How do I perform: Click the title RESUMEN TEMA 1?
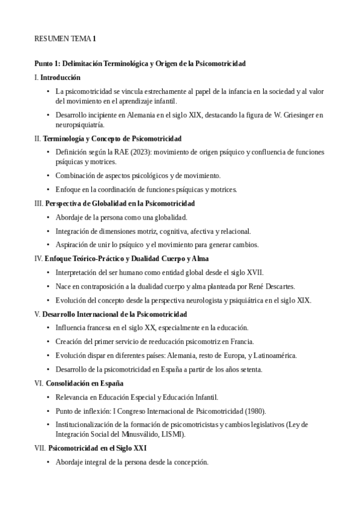tap(65, 39)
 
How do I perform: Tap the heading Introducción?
tap(61, 78)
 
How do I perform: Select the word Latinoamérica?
tap(269, 355)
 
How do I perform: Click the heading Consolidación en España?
tap(84, 383)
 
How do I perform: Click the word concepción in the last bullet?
tap(190, 462)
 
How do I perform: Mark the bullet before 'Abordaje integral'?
tap(47, 462)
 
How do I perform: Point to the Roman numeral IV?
tap(38, 259)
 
